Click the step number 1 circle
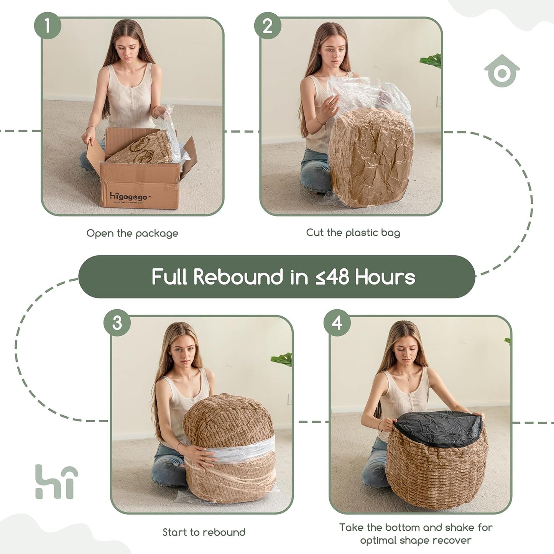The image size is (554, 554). point(48,26)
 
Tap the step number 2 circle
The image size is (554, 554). point(268,26)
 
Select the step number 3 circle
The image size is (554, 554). point(117,323)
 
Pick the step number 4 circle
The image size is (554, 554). point(337,323)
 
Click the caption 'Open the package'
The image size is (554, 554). point(132,233)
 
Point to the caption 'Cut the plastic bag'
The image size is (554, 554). point(353,232)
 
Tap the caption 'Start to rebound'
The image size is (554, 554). point(204,532)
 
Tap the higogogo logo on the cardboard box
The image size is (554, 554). point(128,197)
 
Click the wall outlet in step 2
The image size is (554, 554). point(438,101)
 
